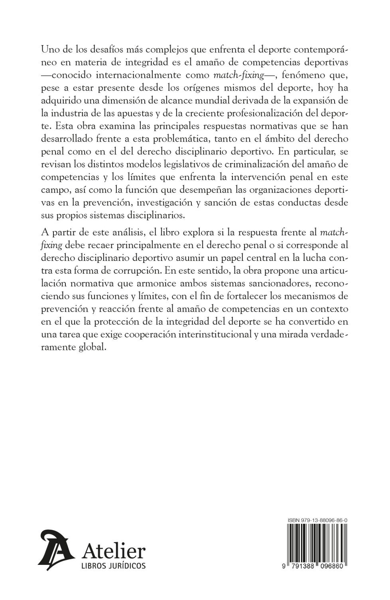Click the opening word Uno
click(x=49, y=50)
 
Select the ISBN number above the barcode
click(x=317, y=521)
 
